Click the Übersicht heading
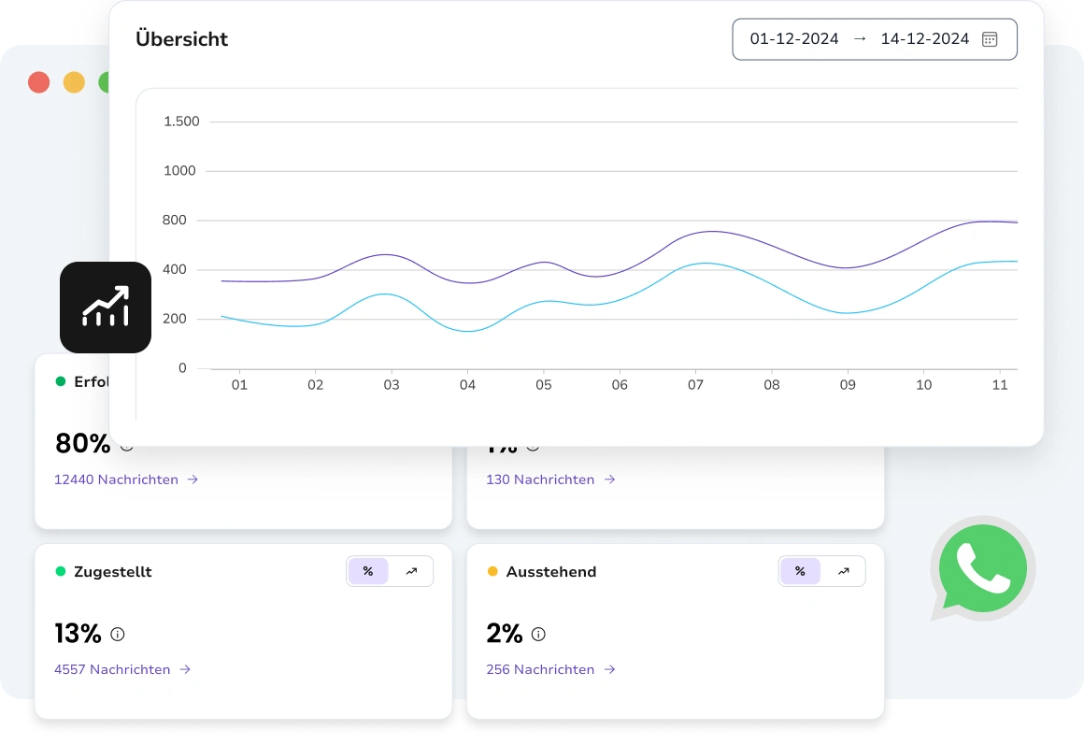pos(181,39)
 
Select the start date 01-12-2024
pos(794,39)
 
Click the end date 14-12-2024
pos(924,39)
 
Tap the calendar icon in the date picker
pos(990,39)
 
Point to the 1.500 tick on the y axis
pos(181,122)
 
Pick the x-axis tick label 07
pos(695,385)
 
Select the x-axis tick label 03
pos(392,385)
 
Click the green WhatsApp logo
pos(982,568)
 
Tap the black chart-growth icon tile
pos(106,308)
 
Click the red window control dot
pos(38,82)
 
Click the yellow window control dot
pos(74,82)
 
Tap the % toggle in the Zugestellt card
pos(368,571)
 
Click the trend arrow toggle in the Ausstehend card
pos(843,571)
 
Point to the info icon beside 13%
pos(118,634)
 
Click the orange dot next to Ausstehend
pos(492,571)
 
